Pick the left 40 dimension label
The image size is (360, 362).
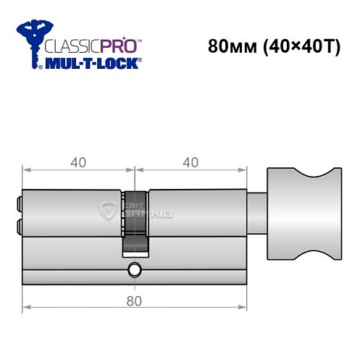[78, 162]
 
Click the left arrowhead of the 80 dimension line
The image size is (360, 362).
[25, 308]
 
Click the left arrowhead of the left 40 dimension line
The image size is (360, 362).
[25, 171]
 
